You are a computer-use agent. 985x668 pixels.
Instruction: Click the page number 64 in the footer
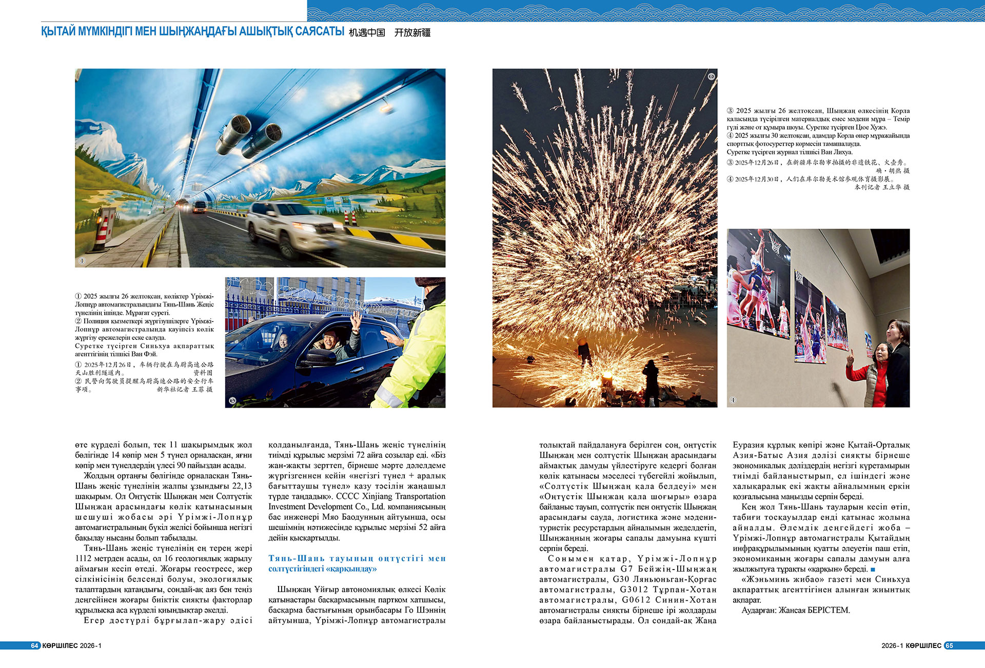(34, 645)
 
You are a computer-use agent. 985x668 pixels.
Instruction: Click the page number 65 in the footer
(949, 645)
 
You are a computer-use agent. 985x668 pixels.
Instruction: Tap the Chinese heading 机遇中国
(367, 33)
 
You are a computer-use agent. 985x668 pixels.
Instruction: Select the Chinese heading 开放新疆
(412, 33)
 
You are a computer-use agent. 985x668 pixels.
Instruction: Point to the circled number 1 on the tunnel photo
(81, 260)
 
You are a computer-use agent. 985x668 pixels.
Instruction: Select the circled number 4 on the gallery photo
(733, 400)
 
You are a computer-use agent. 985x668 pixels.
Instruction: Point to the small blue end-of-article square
(873, 570)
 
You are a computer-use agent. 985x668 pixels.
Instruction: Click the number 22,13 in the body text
(242, 486)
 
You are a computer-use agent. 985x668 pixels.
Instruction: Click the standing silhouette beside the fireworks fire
(651, 379)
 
